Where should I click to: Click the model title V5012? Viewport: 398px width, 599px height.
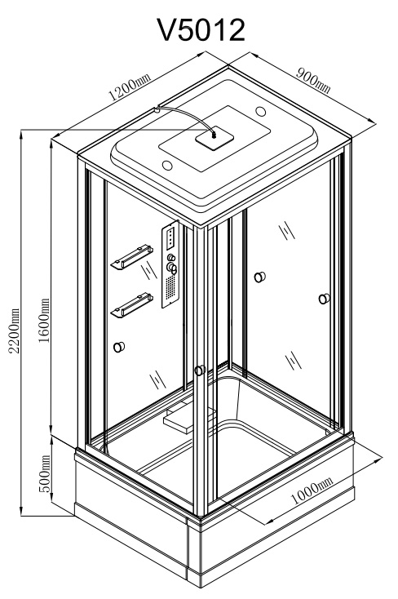pos(201,30)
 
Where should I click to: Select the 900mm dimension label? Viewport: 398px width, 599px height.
pos(313,81)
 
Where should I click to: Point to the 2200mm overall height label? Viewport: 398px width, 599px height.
pos(14,331)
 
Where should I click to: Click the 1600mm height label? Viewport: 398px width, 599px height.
pos(44,320)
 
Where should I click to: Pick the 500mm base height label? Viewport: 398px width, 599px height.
pos(44,473)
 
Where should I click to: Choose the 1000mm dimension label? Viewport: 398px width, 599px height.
pos(312,490)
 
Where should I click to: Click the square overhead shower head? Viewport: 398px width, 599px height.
pos(214,137)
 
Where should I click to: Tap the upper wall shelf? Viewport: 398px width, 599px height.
pos(132,256)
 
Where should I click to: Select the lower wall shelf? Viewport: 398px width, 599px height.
pos(132,304)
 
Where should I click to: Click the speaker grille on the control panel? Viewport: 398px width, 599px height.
pos(170,287)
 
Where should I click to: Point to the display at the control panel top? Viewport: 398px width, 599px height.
pos(170,237)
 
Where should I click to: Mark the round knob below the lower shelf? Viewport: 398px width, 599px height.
pos(119,347)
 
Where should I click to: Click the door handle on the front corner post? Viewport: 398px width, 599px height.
pos(200,370)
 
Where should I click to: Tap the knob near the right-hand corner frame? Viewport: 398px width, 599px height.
pos(325,299)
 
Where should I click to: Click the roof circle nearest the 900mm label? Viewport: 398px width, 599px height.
pos(260,111)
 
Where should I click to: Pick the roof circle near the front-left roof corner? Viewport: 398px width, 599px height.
pos(167,165)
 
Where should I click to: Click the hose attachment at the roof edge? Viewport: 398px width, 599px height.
pos(156,109)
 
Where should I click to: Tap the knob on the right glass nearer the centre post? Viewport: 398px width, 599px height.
pos(259,277)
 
